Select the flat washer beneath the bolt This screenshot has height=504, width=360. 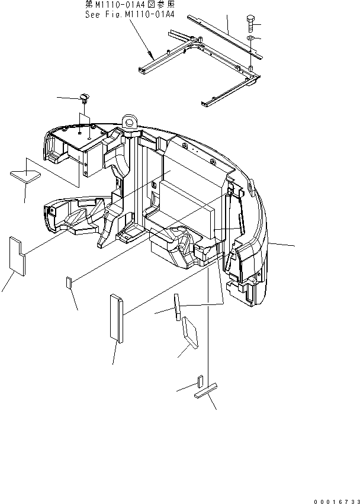click(x=251, y=39)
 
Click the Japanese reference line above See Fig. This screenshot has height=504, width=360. click(x=130, y=5)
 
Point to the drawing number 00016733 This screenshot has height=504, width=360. click(x=336, y=501)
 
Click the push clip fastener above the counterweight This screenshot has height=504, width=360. click(x=85, y=98)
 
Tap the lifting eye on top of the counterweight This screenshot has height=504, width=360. click(x=130, y=123)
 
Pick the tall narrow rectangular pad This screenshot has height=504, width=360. click(x=117, y=318)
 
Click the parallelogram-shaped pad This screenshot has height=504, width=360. click(x=190, y=332)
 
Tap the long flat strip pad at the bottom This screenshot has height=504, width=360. click(x=205, y=390)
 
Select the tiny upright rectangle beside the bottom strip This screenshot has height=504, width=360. click(x=200, y=381)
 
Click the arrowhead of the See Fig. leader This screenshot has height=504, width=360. click(x=150, y=53)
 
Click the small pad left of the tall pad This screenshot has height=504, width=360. click(x=69, y=283)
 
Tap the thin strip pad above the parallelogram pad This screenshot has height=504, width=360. click(x=177, y=307)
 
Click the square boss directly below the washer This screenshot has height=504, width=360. click(x=251, y=68)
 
